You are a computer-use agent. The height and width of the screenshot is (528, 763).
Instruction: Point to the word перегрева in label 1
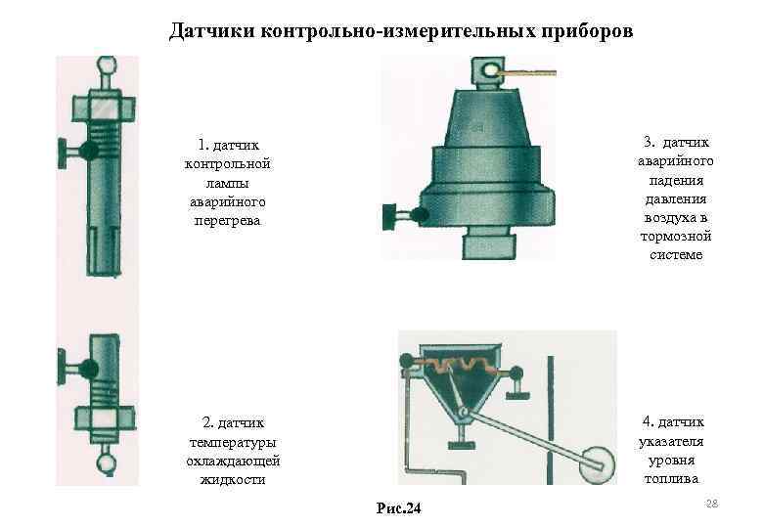tap(227, 221)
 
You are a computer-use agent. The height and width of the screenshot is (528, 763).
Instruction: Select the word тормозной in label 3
tap(676, 237)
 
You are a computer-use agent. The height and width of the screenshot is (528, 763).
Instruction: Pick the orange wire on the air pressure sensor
tap(528, 72)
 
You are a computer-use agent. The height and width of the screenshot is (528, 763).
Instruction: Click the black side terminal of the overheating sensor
tap(87, 153)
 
